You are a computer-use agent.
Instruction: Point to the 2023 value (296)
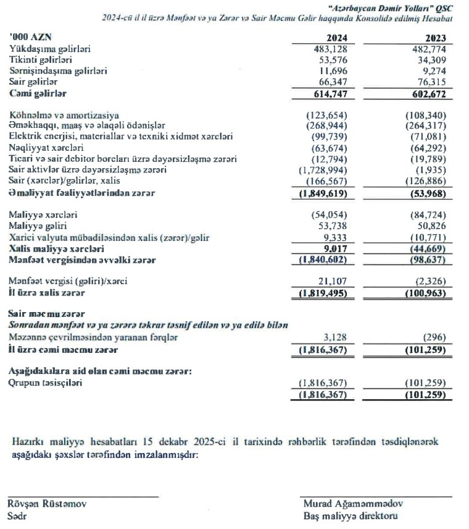[x=434, y=337]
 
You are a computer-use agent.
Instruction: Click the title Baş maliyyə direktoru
[x=350, y=516]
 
